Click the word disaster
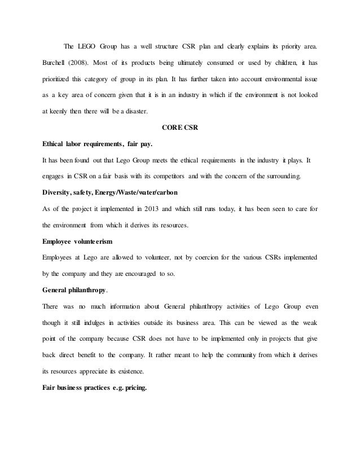pyautogui.click(x=133, y=111)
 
